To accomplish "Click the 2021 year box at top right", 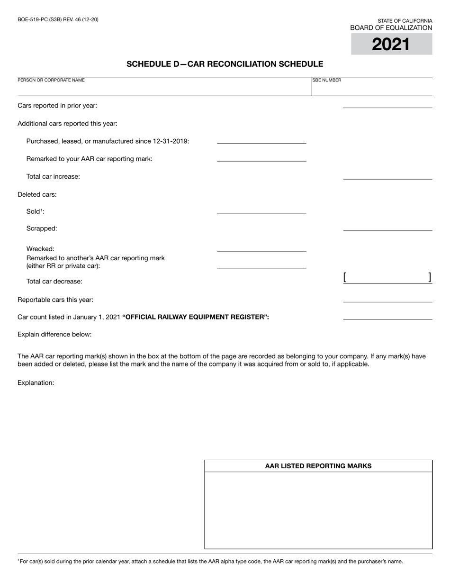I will [391, 44].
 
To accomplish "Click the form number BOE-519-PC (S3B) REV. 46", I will [58, 19].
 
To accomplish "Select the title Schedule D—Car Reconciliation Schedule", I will [225, 64].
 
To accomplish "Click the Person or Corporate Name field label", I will [51, 80].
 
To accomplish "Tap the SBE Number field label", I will [326, 80].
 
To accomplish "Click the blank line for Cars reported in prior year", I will [387, 105].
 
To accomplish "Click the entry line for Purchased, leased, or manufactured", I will [261, 140].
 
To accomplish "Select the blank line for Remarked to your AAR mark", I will [261, 158].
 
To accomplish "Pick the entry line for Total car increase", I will [387, 176].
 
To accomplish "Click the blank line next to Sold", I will [261, 210].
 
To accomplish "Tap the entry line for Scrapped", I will [387, 228].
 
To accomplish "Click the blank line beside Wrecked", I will [261, 248].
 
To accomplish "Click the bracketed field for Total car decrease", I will [387, 278].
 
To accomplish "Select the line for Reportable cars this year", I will [387, 299].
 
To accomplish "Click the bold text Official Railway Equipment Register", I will [196, 317].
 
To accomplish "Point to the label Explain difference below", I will [54, 334].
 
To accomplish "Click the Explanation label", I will [36, 383].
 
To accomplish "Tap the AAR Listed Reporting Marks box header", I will [318, 466].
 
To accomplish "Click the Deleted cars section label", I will [37, 194].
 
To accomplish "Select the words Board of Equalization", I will [391, 28].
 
